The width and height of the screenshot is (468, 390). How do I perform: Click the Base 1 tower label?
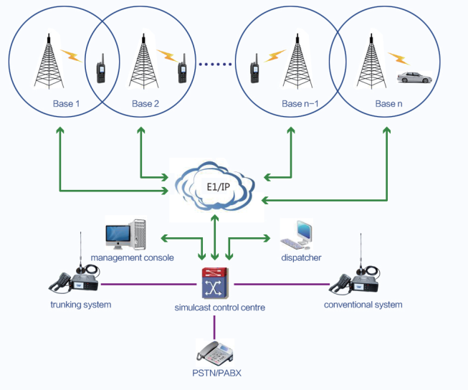point(66,105)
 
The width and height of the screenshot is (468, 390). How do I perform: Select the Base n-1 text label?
point(300,105)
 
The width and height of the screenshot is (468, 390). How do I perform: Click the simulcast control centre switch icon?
point(214,284)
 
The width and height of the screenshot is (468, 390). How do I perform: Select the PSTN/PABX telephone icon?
point(215,351)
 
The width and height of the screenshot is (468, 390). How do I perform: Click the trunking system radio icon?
point(75,276)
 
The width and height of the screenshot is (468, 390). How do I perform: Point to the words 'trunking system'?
point(81,305)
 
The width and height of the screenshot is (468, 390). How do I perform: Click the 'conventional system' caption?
point(363,305)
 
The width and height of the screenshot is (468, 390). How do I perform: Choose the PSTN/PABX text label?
point(215,373)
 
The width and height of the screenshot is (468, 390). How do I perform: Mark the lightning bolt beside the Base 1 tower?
point(71,54)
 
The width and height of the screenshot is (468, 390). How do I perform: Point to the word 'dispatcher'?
point(301,257)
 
